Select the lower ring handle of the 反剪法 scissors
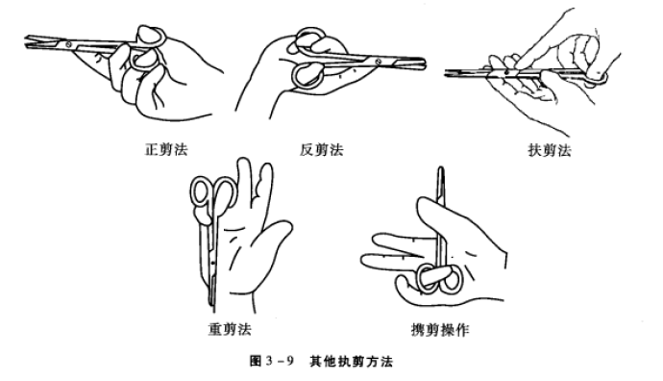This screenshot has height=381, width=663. coord(309,71)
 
